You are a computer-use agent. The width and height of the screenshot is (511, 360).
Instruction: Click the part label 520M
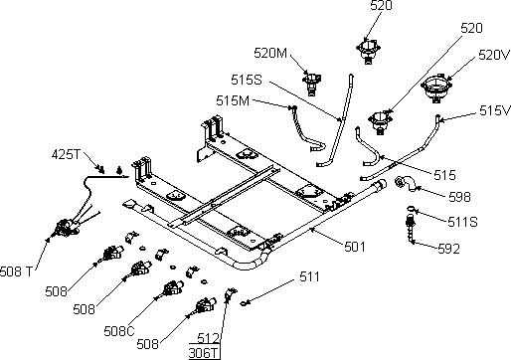pos(270,53)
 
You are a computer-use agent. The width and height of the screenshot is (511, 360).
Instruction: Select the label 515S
pos(247,80)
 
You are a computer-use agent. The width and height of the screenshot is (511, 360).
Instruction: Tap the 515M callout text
pos(233,100)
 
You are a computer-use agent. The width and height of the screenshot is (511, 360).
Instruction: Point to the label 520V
pos(493,55)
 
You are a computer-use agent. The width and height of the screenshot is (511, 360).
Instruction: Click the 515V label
pos(495,110)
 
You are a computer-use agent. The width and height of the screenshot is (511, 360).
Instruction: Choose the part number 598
pos(459,197)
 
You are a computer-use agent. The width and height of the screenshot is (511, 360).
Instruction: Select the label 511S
pos(462,222)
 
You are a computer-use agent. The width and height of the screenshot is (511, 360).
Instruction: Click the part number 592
pos(448,249)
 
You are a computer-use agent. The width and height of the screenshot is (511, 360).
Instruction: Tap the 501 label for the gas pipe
pos(355,247)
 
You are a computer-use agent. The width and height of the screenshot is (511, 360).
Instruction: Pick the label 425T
pos(66,154)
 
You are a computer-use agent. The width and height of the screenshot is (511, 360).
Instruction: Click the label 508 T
pos(16,271)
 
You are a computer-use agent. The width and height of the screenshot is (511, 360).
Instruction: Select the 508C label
pos(119,331)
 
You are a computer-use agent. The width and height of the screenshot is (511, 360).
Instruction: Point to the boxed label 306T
pos(204,353)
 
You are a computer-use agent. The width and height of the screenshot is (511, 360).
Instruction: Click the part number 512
pos(208,338)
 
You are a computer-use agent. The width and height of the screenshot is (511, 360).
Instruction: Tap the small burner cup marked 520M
pos(311,83)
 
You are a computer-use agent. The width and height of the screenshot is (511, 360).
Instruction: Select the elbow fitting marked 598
pos(405,184)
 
